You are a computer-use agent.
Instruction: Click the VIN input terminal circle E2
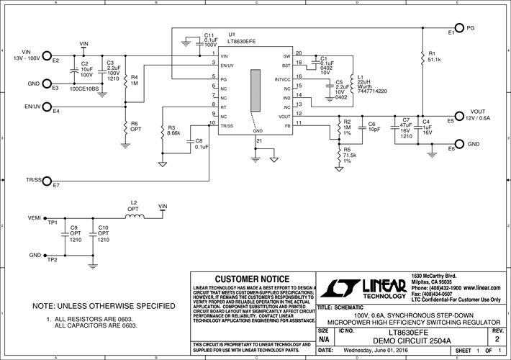pos(47,55)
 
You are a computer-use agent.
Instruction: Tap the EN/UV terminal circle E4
pos(47,106)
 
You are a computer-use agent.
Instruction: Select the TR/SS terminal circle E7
pos(47,179)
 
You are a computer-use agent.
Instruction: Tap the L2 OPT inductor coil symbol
pos(133,215)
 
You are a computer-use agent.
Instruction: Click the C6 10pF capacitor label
pos(372,126)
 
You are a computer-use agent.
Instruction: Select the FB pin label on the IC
pos(288,125)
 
